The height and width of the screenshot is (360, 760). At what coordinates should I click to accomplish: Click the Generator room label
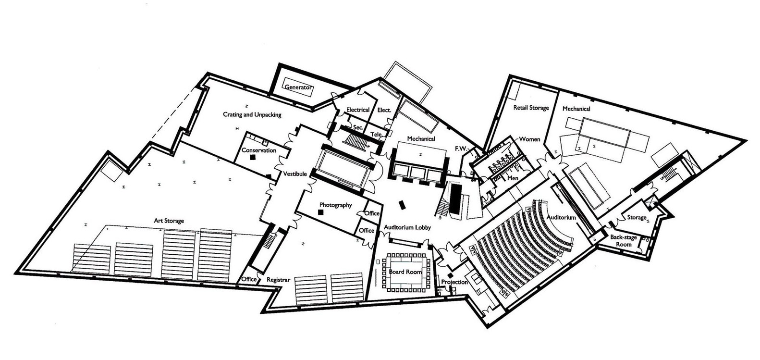click(297, 87)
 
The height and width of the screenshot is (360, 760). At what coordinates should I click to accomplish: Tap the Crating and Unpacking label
click(252, 115)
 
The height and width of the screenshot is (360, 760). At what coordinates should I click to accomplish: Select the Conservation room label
click(259, 150)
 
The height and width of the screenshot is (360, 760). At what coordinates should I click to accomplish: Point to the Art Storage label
click(169, 221)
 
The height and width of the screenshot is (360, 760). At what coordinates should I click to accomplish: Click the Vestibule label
click(295, 174)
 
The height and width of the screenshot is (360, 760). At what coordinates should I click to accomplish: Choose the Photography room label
click(335, 205)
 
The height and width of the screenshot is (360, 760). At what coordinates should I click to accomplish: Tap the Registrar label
click(278, 280)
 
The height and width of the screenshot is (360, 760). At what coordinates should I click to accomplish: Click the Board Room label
click(405, 272)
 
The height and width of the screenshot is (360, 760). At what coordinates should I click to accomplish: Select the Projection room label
click(454, 282)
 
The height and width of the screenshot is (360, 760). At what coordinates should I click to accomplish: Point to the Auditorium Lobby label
click(407, 227)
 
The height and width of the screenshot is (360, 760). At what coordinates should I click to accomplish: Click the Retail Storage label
click(531, 108)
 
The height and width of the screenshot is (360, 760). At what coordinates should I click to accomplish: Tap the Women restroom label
click(529, 139)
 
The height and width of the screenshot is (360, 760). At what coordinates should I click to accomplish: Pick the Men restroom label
click(513, 178)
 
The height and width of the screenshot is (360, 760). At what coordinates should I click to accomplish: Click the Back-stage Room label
click(624, 241)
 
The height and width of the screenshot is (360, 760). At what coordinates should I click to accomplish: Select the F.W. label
click(461, 149)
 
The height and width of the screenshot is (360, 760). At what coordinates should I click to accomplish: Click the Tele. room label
click(376, 135)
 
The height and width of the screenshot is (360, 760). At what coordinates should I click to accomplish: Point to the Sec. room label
click(358, 127)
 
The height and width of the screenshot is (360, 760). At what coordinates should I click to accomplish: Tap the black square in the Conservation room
click(252, 157)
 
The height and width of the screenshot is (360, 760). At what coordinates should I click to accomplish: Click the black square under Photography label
click(320, 212)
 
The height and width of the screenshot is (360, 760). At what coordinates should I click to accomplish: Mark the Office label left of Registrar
click(249, 279)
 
